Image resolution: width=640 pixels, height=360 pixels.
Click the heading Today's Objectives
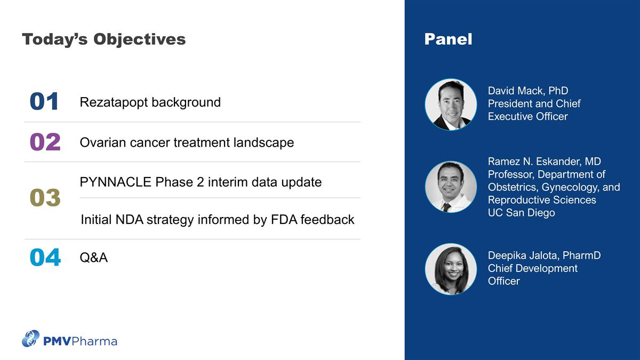(103, 39)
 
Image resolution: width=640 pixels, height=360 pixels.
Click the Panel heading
(448, 39)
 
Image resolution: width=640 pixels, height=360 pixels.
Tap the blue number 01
(44, 102)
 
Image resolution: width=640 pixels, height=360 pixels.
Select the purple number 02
(45, 142)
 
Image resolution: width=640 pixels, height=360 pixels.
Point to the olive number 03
(45, 198)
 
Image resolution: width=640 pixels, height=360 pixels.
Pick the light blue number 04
(45, 258)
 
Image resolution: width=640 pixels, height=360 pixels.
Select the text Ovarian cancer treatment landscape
(186, 142)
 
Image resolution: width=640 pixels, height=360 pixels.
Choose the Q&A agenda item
(93, 258)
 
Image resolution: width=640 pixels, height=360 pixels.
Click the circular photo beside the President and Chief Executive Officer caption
(451, 105)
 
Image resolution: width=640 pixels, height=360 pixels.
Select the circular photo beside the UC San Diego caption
(451, 187)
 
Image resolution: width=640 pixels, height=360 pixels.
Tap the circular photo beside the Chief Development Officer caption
(451, 269)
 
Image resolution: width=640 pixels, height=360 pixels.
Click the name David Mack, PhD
(527, 91)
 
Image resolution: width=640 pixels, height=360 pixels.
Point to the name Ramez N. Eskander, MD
(544, 162)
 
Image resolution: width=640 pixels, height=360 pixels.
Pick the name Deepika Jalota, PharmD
(544, 255)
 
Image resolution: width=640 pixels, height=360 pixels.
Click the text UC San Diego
(521, 213)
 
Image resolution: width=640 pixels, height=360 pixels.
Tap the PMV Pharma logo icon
(30, 339)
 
